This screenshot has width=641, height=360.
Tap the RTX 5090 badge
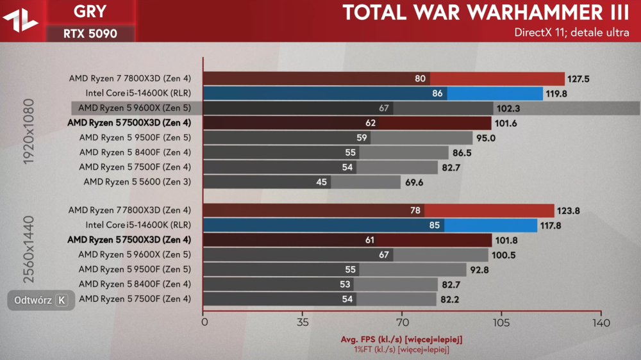click(90, 33)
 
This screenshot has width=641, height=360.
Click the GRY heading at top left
click(90, 11)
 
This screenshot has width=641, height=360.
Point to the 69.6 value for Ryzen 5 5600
click(415, 182)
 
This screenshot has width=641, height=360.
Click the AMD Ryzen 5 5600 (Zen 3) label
click(137, 182)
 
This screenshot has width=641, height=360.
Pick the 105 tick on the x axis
click(501, 322)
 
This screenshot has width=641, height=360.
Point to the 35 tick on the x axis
click(303, 322)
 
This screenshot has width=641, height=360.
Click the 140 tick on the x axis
click(601, 322)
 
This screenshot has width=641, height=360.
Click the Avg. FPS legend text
click(401, 339)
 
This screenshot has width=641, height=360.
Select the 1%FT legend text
click(401, 349)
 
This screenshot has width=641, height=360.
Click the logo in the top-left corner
click(21, 20)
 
